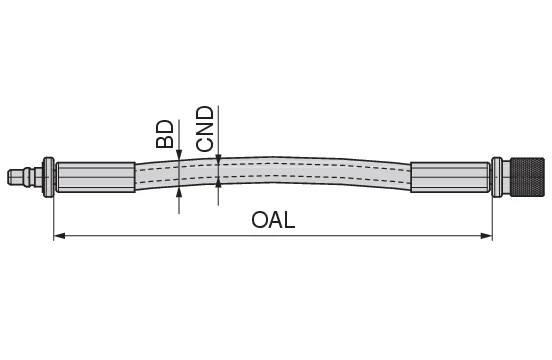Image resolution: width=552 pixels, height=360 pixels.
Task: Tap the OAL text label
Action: [273, 220]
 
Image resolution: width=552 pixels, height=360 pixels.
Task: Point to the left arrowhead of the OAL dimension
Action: [59, 236]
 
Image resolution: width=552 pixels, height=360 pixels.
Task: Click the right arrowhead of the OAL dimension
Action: [487, 236]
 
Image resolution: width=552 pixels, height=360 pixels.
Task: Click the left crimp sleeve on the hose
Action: [96, 177]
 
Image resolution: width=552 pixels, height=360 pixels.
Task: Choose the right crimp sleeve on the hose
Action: [449, 177]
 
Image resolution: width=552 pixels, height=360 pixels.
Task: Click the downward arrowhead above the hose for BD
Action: [179, 154]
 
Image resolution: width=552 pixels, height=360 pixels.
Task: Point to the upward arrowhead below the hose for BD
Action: [179, 189]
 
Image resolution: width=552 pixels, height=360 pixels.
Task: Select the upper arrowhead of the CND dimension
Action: [218, 159]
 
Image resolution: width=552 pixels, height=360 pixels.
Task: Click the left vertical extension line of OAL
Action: [53, 215]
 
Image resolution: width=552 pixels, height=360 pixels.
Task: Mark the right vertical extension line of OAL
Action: [493, 215]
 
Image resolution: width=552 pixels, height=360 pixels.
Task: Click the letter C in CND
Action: [205, 144]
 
